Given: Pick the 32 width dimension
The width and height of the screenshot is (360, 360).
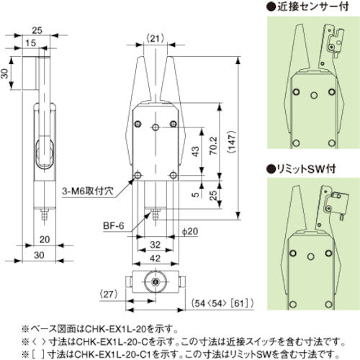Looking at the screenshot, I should [x=155, y=243].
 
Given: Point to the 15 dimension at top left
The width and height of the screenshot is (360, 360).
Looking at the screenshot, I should [x=28, y=44].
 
